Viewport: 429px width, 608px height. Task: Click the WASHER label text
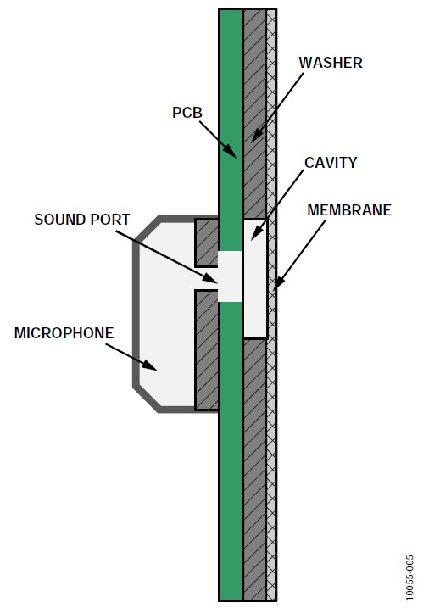[x=331, y=63]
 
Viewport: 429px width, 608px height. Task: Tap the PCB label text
[x=187, y=113]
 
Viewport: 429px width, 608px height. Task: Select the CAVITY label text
[x=331, y=163]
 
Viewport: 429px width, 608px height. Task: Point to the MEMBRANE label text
[x=349, y=209]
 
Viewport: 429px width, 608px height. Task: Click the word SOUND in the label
[x=58, y=220]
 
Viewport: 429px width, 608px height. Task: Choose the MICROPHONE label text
[x=64, y=333]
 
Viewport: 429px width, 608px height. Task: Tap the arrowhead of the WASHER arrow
[x=256, y=136]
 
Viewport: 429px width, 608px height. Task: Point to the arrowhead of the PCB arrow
[x=231, y=151]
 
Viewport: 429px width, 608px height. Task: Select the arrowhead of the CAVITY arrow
[x=256, y=233]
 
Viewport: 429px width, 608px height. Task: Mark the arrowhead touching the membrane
[x=279, y=283]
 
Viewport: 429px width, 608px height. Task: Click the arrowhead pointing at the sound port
[x=210, y=277]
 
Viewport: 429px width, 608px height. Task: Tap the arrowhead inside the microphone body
[x=150, y=365]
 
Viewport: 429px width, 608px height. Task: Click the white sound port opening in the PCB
[x=230, y=276]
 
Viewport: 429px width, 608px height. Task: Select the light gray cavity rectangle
[x=255, y=279]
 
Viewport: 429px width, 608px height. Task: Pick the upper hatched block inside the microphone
[x=207, y=243]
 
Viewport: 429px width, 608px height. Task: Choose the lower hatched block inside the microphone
[x=207, y=350]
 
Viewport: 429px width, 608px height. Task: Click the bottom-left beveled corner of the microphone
[x=146, y=399]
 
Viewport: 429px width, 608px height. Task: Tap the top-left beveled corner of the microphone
[x=146, y=230]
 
